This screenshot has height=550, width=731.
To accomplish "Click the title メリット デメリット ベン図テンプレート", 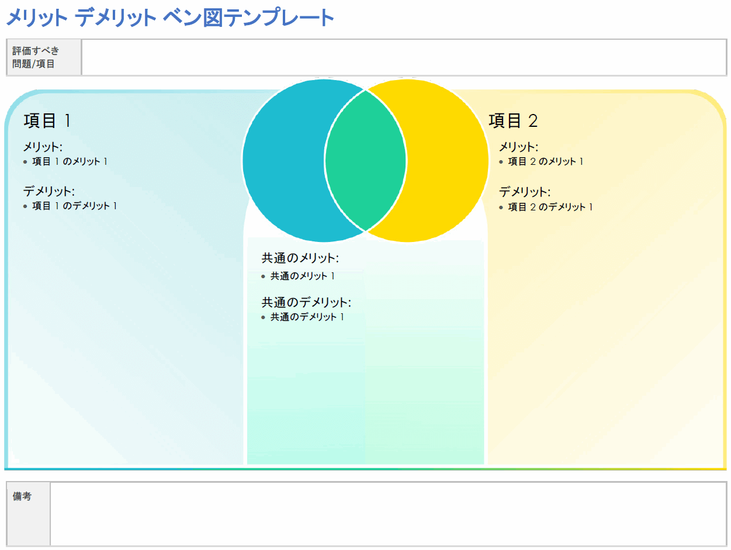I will (x=170, y=18).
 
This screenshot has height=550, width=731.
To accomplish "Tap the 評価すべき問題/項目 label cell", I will (x=44, y=57).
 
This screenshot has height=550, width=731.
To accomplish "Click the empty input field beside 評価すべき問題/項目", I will (x=403, y=57).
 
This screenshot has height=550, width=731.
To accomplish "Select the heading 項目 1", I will (x=47, y=121).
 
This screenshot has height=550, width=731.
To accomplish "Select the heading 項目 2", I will (x=513, y=121).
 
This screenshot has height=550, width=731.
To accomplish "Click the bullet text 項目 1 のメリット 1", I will (x=70, y=162).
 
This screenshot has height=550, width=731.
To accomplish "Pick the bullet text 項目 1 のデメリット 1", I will (x=74, y=206).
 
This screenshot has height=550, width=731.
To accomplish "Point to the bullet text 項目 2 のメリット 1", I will (x=546, y=162).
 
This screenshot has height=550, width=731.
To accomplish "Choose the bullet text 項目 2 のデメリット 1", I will (x=550, y=207).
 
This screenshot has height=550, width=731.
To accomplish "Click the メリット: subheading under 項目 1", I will (x=43, y=147).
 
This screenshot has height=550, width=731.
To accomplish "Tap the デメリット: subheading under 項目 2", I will (x=525, y=192).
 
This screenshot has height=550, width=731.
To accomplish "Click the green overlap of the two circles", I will (x=366, y=160).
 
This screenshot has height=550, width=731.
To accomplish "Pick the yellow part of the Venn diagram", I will (x=447, y=160).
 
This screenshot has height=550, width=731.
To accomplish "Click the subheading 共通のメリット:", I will (x=300, y=258).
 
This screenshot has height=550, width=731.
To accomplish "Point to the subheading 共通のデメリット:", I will (x=306, y=302).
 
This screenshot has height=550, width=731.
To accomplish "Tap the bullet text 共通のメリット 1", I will (x=302, y=276).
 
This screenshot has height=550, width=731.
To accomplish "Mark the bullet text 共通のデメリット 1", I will (x=307, y=317).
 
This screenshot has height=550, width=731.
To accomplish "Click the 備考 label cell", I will (x=28, y=513).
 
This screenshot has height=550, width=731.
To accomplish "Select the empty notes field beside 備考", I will (x=388, y=513).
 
